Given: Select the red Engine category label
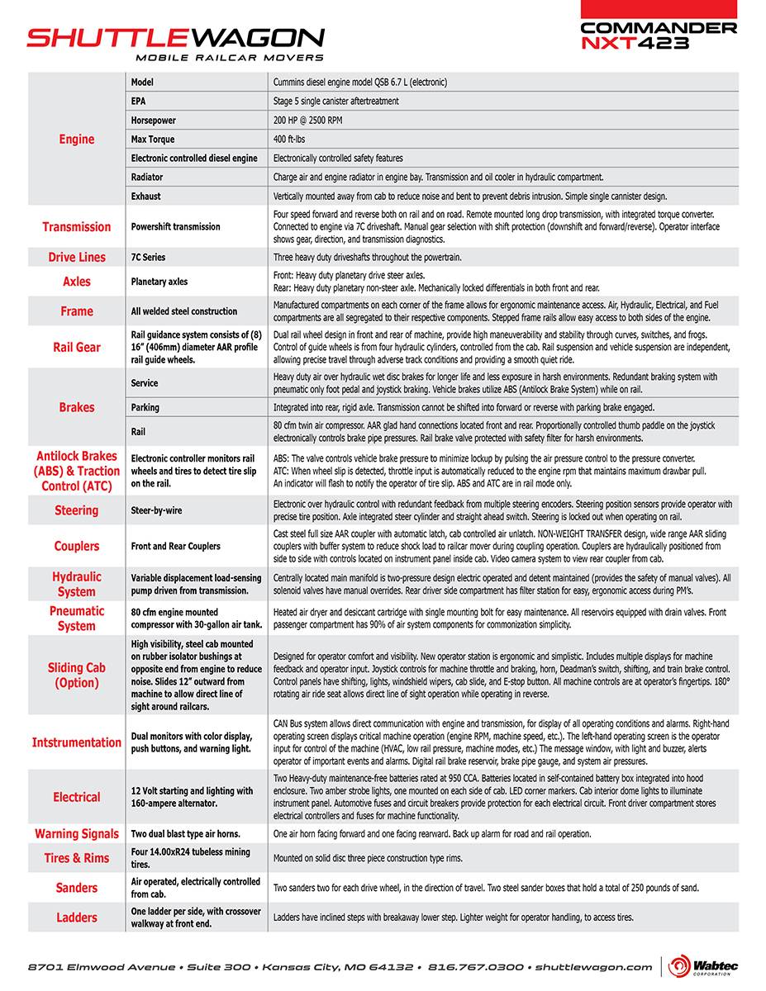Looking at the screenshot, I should [77, 139].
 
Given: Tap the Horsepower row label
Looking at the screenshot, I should [154, 121].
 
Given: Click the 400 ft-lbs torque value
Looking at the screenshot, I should [290, 140].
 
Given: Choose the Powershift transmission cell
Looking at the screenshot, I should [176, 227].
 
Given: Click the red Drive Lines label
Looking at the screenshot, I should [77, 258].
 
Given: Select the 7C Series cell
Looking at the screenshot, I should [149, 258].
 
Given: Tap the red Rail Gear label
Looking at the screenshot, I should [77, 348].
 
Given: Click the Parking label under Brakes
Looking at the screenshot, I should [145, 407].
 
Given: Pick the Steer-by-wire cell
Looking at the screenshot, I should [157, 510].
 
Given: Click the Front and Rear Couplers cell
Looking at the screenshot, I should [176, 546].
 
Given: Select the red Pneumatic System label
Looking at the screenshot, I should [77, 619].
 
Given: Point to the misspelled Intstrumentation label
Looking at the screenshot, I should [77, 742].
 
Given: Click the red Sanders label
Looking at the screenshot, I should [77, 888].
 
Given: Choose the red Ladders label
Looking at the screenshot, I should [77, 918].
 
